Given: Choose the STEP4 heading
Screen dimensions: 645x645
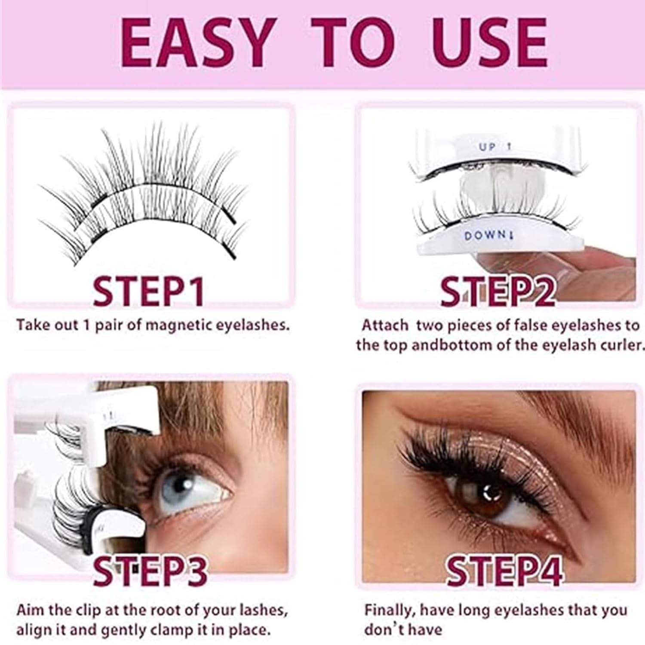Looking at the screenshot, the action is tap(504, 570).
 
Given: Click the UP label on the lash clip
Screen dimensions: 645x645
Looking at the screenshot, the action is tap(487, 147).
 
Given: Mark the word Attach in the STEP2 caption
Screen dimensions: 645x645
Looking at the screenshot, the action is tap(384, 325).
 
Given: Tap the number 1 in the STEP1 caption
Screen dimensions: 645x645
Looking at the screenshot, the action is tap(86, 326).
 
